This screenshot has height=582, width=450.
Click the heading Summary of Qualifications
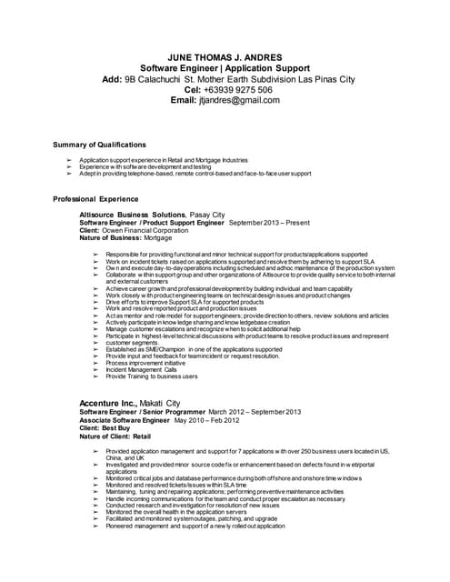point(99,145)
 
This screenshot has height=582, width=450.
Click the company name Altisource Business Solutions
point(133,214)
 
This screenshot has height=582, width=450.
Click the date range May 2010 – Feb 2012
point(209,419)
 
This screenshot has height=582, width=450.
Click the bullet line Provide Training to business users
point(151,376)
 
